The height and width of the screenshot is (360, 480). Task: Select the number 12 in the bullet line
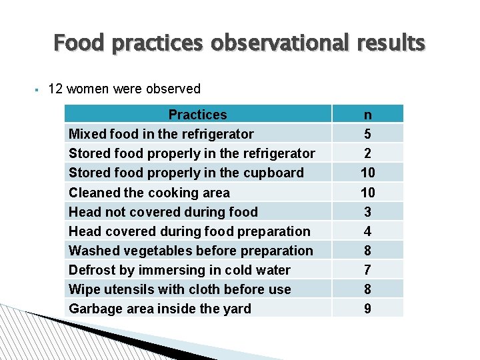pyautogui.click(x=56, y=89)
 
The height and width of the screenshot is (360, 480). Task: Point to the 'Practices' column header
pyautogui.click(x=197, y=115)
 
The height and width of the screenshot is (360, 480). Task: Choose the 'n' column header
pyautogui.click(x=367, y=115)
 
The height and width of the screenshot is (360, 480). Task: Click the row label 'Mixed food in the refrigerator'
pyautogui.click(x=161, y=134)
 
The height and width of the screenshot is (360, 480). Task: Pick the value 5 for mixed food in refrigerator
pyautogui.click(x=367, y=134)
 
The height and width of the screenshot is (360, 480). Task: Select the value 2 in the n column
pyautogui.click(x=367, y=153)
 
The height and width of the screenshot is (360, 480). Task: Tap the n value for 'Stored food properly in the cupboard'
pyautogui.click(x=367, y=173)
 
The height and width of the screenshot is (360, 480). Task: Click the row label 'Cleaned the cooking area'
pyautogui.click(x=149, y=193)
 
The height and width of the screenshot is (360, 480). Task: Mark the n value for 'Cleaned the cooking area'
pyautogui.click(x=367, y=193)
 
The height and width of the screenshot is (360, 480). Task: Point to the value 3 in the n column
pyautogui.click(x=367, y=212)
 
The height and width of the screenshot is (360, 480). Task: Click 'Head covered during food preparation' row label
pyautogui.click(x=189, y=231)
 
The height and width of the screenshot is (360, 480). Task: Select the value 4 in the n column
pyautogui.click(x=367, y=231)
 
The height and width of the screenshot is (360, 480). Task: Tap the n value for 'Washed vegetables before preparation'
pyautogui.click(x=367, y=251)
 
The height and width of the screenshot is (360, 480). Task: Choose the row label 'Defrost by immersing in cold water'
pyautogui.click(x=179, y=270)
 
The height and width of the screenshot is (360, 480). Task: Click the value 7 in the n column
pyautogui.click(x=367, y=270)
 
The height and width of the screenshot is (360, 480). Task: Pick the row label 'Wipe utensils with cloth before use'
pyautogui.click(x=180, y=289)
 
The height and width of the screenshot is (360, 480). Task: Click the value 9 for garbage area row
pyautogui.click(x=367, y=309)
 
